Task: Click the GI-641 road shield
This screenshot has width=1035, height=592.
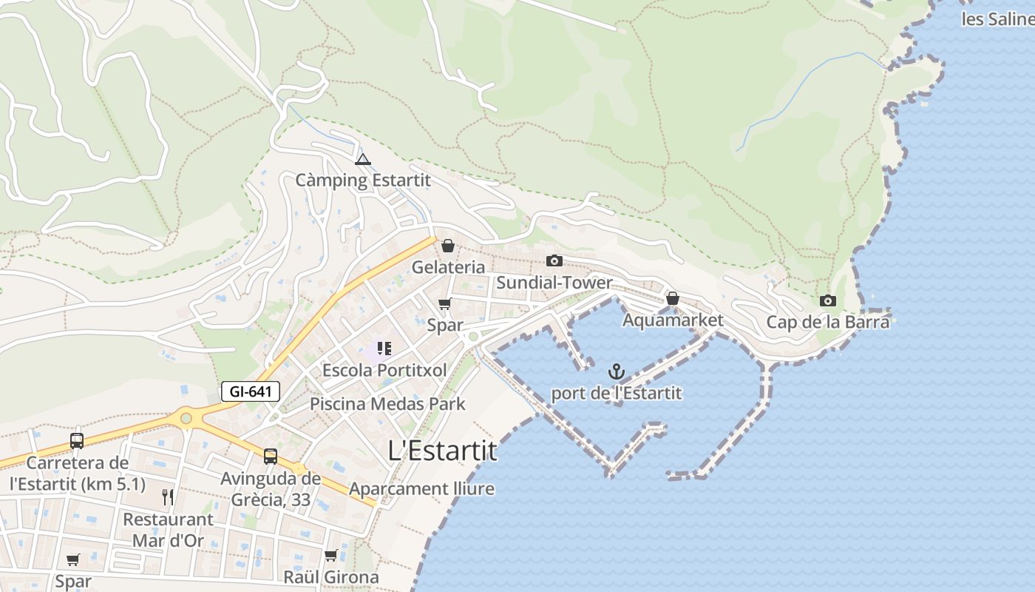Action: pos(251,391)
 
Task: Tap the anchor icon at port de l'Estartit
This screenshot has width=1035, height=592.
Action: pos(616,371)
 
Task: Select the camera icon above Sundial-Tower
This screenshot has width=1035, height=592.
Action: pos(554,260)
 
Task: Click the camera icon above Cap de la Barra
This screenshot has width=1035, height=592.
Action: pos(827,300)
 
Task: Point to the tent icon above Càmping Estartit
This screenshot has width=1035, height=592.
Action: pos(362,159)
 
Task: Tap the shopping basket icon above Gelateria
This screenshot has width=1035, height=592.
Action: pos(448,246)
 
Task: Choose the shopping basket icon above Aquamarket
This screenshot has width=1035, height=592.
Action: pos(672,299)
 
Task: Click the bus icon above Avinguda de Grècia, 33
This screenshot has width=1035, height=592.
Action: pos(271,456)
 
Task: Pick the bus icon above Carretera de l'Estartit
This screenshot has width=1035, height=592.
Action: pos(77,441)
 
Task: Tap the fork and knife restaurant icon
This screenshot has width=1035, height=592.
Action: pos(168,497)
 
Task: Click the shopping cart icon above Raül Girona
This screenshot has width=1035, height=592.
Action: pos(330,555)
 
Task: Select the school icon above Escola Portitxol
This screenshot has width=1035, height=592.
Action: pos(384,348)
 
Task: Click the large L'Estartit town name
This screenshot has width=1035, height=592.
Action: pos(442,451)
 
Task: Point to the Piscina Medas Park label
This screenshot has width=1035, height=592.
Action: pos(387,404)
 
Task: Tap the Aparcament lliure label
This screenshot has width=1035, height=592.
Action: pos(421,488)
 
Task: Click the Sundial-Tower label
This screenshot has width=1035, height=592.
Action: pos(554,283)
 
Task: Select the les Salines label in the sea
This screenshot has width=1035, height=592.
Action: pos(997,19)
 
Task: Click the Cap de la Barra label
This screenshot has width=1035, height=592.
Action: pos(827,322)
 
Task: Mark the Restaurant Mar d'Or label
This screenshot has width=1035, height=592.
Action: pos(168,529)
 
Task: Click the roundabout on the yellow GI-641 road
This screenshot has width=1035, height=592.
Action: pos(186,418)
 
